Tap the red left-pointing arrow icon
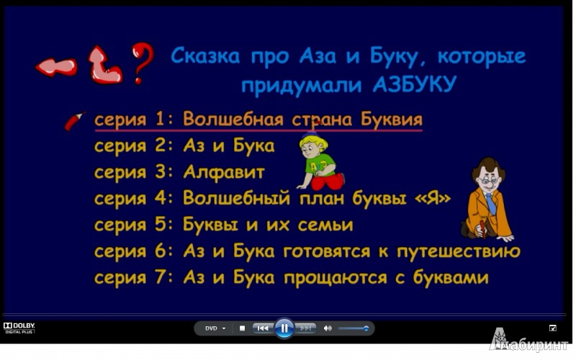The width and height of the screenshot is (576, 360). [56, 67]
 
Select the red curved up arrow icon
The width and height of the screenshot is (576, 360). [104, 66]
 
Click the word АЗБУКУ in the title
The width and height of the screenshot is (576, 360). [415, 85]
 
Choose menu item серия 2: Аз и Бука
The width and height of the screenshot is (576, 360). [184, 146]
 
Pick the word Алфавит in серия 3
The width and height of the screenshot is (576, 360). [224, 171]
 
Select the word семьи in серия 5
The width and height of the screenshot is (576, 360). [325, 225]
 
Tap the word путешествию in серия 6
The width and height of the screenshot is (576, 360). [459, 251]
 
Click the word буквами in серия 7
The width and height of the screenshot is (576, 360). [451, 277]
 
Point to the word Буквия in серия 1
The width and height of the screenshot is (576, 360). [391, 119]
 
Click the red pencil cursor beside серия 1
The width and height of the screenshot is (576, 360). [75, 121]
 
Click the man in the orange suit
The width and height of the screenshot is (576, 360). [487, 200]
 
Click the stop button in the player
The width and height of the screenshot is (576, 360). [242, 328]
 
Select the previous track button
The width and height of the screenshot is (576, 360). [262, 328]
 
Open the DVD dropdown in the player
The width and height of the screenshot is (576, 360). [215, 328]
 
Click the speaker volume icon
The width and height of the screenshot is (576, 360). [328, 328]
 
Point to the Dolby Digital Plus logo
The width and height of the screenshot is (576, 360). [19, 328]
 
